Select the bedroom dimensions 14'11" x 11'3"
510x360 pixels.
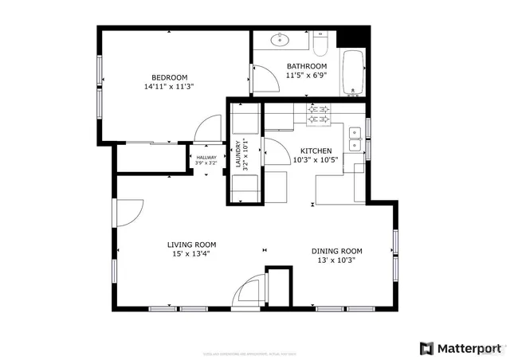click(169, 86)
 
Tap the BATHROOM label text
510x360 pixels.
click(307, 66)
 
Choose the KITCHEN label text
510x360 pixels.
click(316, 151)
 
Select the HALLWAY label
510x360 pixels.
click(206, 158)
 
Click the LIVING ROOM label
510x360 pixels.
click(191, 245)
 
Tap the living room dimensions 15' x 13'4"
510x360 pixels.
click(191, 254)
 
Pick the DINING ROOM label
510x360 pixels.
click(336, 251)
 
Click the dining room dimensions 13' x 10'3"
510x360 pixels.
click(336, 260)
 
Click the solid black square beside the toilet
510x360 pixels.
click(354, 37)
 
